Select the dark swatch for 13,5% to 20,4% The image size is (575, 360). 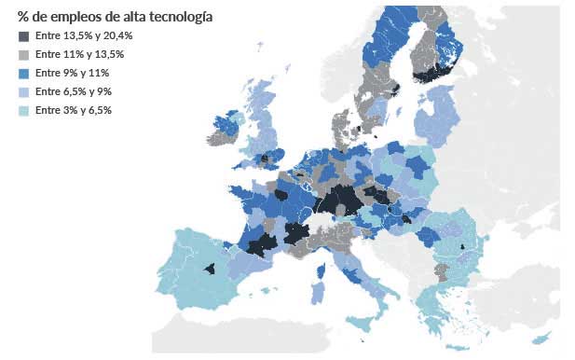click(23, 35)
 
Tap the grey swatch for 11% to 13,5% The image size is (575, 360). click(23, 54)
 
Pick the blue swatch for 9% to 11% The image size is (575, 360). click(23, 73)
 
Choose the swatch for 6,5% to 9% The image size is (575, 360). click(23, 91)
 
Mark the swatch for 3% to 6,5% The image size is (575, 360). click(23, 110)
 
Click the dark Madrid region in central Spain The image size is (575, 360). click(210, 269)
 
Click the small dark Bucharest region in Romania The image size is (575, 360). click(462, 247)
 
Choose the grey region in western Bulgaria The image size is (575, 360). click(441, 271)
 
